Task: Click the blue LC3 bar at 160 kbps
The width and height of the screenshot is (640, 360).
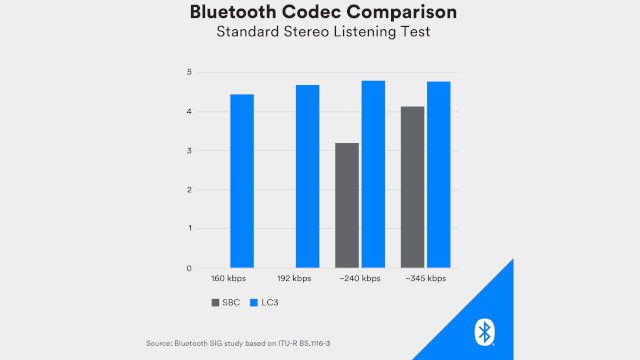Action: (x=242, y=181)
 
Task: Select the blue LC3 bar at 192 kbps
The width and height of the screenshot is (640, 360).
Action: (x=307, y=176)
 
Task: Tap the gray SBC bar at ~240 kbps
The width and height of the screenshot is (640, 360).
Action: (x=347, y=205)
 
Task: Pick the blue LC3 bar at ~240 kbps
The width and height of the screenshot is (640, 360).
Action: (x=373, y=174)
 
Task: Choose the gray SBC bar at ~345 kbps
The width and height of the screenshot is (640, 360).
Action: (x=412, y=187)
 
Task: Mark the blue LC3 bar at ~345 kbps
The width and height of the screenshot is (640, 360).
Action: (x=438, y=174)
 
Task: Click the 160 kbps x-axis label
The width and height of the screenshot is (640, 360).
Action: (x=229, y=279)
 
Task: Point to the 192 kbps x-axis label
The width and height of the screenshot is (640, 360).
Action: (x=294, y=279)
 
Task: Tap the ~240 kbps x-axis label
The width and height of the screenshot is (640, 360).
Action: (x=359, y=279)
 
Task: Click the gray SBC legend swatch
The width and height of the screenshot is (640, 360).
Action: (x=215, y=301)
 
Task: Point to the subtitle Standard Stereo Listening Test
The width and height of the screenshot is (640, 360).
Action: (x=319, y=35)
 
